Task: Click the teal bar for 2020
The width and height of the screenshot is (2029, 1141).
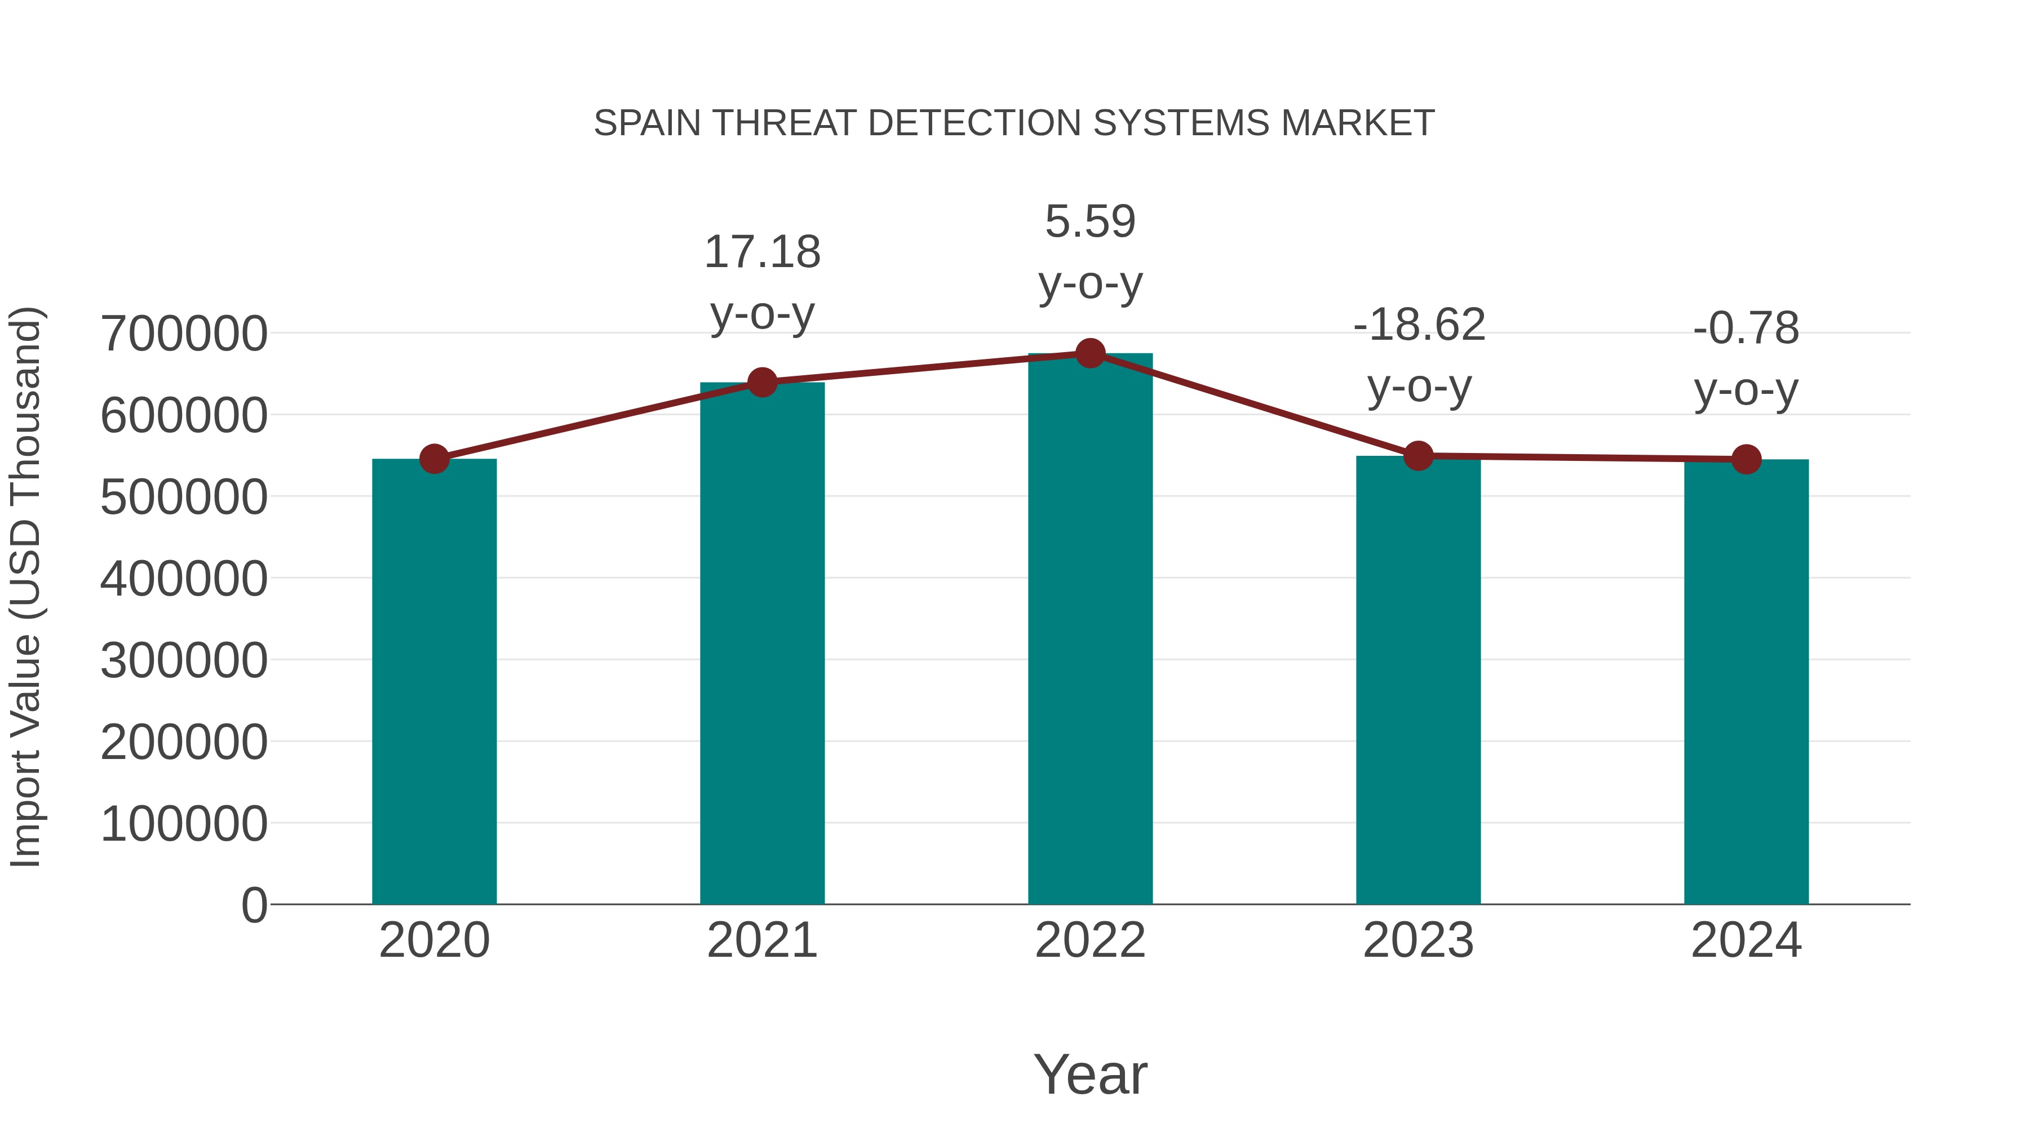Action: (434, 681)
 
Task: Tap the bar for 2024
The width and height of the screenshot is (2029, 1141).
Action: (1746, 681)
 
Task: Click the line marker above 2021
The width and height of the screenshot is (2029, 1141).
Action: (763, 383)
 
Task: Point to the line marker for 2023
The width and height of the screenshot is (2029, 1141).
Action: (1418, 456)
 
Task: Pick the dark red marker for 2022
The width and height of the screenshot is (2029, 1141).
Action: (1090, 353)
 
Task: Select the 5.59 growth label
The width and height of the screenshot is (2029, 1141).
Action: (1090, 251)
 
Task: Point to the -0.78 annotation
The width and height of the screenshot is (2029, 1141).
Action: (1746, 358)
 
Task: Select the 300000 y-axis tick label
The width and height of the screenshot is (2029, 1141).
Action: (184, 660)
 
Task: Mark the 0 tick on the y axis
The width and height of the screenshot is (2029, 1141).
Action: (254, 905)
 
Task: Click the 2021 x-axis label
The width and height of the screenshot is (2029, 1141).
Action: (763, 940)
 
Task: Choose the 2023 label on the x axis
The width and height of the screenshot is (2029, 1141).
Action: (1418, 940)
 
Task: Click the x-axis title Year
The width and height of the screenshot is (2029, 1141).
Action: (1090, 1074)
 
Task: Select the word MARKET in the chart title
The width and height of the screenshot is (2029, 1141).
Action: (1358, 123)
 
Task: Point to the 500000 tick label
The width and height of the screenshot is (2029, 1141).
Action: (184, 497)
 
